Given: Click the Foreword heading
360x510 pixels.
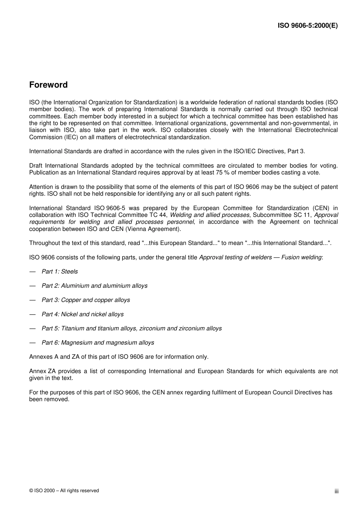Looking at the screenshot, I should (x=48, y=85).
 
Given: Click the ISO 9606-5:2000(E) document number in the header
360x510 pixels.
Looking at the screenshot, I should (x=307, y=26).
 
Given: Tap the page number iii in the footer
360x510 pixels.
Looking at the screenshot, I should (x=337, y=491).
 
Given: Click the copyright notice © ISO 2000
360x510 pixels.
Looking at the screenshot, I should (x=64, y=491).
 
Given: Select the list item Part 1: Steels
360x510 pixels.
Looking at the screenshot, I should (x=59, y=271).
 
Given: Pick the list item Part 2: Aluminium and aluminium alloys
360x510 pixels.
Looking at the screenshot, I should (x=94, y=286).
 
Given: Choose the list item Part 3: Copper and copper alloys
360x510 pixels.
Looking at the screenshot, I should (x=86, y=300).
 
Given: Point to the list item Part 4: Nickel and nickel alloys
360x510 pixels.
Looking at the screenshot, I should (x=83, y=314).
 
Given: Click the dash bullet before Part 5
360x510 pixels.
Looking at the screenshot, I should (x=33, y=328).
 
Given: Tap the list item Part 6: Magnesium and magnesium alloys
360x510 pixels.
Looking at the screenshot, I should (x=98, y=343).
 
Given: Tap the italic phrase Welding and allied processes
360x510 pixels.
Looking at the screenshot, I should (x=210, y=215).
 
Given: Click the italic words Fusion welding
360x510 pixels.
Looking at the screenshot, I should (x=301, y=257).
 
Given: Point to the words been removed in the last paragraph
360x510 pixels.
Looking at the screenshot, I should (x=49, y=399).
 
